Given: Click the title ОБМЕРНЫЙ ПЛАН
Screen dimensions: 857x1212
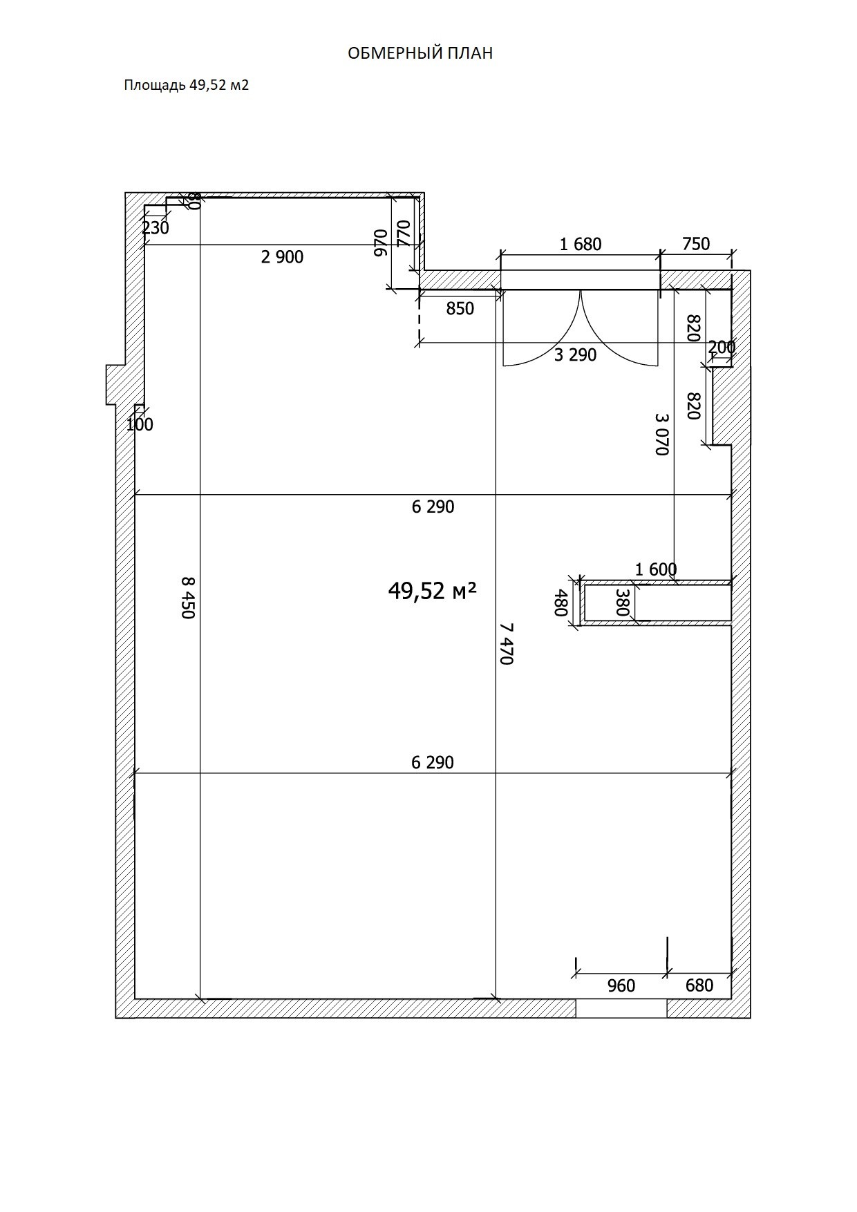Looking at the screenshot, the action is pos(420,53).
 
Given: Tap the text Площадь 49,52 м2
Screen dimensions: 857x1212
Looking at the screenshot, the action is pos(186,85).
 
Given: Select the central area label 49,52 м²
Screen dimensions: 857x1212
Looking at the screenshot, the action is pos(433,590).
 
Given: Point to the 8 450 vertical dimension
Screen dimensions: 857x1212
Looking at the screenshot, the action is pos(189,598).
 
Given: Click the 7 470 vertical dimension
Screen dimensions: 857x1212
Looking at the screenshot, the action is pos(507,643).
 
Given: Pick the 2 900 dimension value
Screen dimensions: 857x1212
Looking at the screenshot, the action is pos(282,257).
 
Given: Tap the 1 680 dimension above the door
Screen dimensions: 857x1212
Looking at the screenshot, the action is pos(581,244).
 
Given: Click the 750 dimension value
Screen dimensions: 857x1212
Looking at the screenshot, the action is pos(696,244).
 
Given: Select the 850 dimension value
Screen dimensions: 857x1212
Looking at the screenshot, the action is pos(460,309).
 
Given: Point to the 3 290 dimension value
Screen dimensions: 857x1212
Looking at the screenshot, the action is pos(575,355).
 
